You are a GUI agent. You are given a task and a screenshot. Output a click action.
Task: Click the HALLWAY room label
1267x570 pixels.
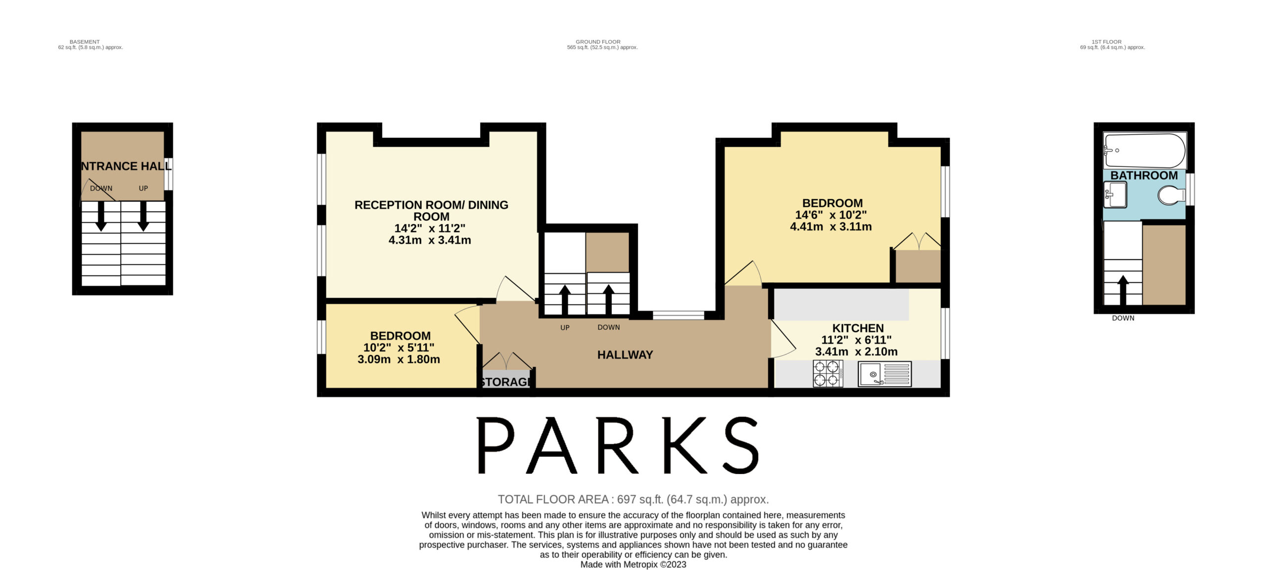tap(625, 354)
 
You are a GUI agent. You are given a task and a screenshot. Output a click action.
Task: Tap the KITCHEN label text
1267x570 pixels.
tap(858, 328)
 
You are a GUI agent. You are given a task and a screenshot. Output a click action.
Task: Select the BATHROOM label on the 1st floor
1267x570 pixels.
tap(1144, 175)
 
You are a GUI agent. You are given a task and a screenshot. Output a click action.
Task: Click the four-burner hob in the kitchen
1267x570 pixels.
tap(828, 373)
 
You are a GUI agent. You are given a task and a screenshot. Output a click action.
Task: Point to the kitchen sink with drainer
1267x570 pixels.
tap(884, 374)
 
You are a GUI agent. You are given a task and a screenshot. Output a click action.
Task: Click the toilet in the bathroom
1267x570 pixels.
tap(1171, 195)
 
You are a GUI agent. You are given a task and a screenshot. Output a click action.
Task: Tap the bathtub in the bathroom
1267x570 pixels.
tap(1144, 151)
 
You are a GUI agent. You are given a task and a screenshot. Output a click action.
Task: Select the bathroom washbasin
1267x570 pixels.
tap(1115, 195)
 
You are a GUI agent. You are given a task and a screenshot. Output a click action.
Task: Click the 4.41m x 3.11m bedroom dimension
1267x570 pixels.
tap(830, 226)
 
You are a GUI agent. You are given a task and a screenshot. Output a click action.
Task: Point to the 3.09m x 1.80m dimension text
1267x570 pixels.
tap(398, 359)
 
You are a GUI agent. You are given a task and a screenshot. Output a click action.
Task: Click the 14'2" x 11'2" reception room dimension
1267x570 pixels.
tap(430, 228)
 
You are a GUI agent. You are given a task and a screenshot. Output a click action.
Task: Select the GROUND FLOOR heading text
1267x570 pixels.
tap(598, 42)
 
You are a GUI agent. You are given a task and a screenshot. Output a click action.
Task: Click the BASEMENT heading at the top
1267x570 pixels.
tap(85, 42)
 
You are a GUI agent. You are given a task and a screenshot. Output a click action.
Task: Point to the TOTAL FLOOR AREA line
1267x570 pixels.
tap(633, 499)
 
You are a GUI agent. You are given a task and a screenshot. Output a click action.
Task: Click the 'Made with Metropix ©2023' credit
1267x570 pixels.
tap(633, 565)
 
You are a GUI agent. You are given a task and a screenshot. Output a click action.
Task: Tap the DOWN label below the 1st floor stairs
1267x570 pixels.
tap(1123, 318)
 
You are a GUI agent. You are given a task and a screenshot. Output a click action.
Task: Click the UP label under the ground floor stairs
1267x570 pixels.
tap(565, 328)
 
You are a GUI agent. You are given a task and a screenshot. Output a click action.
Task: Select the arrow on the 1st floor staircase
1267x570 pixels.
tap(1123, 290)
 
